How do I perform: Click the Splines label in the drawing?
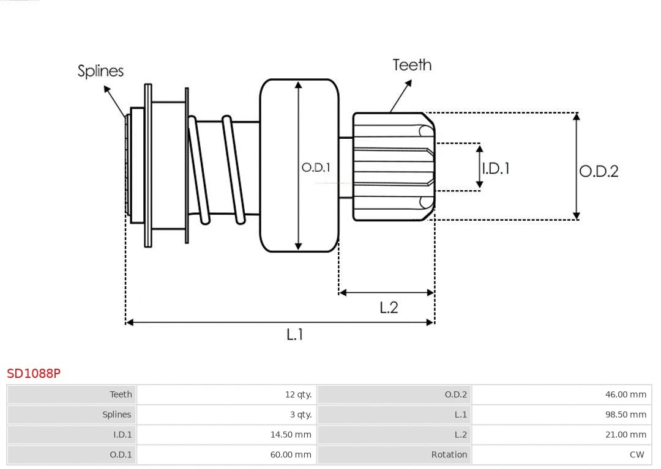coord(100,71)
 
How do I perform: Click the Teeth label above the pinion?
coord(411,65)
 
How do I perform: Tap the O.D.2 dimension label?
coord(599,171)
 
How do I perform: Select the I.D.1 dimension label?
coord(495,168)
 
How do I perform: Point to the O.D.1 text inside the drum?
coord(316,167)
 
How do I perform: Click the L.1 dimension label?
coord(295,334)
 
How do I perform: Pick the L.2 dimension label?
coord(389,308)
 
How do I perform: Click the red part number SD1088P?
coord(34,373)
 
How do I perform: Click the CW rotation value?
coord(637,454)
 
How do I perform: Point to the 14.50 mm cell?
coord(291,435)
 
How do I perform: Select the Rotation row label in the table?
coord(449,454)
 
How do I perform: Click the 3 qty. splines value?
coord(301,415)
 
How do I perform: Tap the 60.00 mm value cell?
coord(291,454)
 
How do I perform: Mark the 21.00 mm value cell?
coord(626,435)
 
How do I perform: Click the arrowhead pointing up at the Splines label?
coord(106,89)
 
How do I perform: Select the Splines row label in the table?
coord(116,415)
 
